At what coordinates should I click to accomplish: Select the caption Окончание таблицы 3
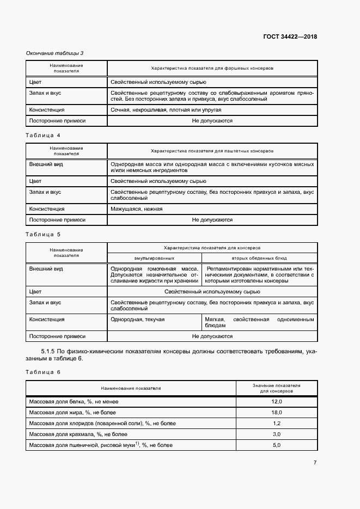[54, 53]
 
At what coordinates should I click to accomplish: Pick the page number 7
[315, 463]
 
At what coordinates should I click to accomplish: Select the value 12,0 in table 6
[276, 401]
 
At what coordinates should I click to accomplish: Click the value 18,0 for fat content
[276, 412]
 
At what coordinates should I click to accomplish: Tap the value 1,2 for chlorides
[276, 423]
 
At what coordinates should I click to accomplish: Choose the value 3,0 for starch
[276, 434]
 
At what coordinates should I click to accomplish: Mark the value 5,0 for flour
[276, 445]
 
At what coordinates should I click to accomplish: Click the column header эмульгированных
[154, 257]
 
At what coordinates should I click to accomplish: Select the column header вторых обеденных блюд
[259, 257]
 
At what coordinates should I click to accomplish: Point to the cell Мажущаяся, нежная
[136, 208]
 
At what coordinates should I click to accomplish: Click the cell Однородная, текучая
[137, 320]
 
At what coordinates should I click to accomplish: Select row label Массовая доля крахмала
[78, 434]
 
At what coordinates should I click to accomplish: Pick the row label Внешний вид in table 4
[46, 164]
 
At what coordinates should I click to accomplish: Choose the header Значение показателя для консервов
[276, 388]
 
